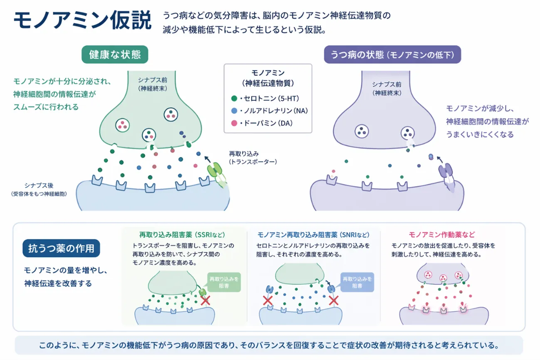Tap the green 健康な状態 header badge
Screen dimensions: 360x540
(115, 55)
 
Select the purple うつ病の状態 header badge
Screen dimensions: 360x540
(392, 55)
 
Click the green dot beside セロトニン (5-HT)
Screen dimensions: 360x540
(234, 99)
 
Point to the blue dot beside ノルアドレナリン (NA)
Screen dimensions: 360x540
(234, 111)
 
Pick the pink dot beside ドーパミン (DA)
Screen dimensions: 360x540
(234, 123)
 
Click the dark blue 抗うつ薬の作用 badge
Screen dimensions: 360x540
(61, 249)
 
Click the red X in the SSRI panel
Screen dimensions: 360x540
(205, 301)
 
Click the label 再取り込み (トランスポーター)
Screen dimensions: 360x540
(252, 158)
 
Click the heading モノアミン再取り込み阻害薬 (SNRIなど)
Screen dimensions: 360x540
(313, 235)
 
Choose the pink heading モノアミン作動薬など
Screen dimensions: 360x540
(442, 235)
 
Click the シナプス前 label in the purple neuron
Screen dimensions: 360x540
(387, 88)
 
